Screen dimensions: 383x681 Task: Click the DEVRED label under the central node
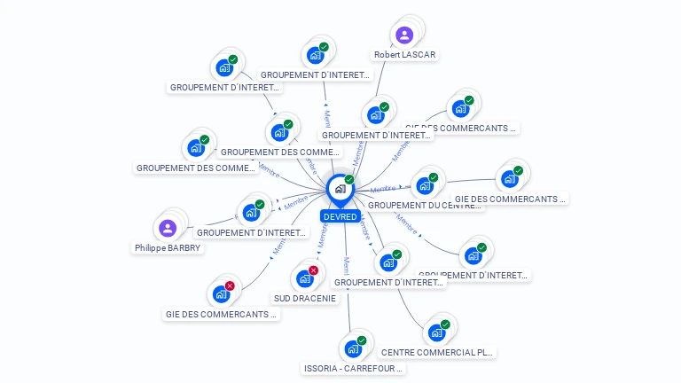pyautogui.click(x=340, y=216)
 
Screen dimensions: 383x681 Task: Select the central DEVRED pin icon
pyautogui.click(x=340, y=189)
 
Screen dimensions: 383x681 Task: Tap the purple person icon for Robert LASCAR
pyautogui.click(x=404, y=35)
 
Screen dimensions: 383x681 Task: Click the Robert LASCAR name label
pyautogui.click(x=405, y=55)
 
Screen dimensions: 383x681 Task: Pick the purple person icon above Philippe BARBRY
pyautogui.click(x=168, y=228)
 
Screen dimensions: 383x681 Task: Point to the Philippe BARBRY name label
pyautogui.click(x=168, y=248)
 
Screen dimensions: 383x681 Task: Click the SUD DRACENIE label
pyautogui.click(x=305, y=299)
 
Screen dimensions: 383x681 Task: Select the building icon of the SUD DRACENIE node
pyautogui.click(x=305, y=278)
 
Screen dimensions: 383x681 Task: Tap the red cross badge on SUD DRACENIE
pyautogui.click(x=313, y=270)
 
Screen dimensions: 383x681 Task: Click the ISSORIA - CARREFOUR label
pyautogui.click(x=354, y=368)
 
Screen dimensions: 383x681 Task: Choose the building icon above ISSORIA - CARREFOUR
pyautogui.click(x=354, y=348)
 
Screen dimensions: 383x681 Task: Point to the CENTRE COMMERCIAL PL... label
pyautogui.click(x=436, y=352)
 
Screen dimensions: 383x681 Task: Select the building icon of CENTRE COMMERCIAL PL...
pyautogui.click(x=436, y=332)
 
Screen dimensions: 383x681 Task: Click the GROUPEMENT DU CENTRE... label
pyautogui.click(x=425, y=206)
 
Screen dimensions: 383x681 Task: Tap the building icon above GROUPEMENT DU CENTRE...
pyautogui.click(x=425, y=185)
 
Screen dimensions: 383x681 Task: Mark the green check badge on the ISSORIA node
pyautogui.click(x=362, y=340)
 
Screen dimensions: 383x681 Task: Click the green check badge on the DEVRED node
pyautogui.click(x=349, y=180)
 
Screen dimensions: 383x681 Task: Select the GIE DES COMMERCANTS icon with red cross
pyautogui.click(x=222, y=293)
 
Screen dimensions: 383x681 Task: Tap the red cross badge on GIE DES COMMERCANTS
pyautogui.click(x=230, y=285)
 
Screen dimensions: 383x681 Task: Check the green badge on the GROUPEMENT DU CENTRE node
pyautogui.click(x=433, y=177)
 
